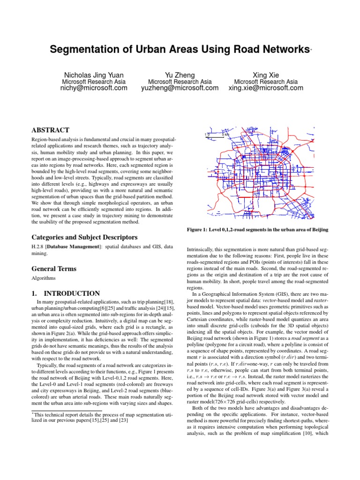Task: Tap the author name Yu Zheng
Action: coord(180,75)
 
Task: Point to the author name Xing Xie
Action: coord(266,75)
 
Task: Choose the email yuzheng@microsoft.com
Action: coord(180,88)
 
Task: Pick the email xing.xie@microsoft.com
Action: coord(266,88)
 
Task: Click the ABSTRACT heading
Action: coord(50,130)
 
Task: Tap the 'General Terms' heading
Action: coord(54,269)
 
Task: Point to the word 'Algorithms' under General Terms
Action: coord(43,278)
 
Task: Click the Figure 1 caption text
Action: coord(257,229)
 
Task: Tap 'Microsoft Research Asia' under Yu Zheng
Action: coord(180,82)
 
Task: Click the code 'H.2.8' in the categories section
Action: coord(38,247)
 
